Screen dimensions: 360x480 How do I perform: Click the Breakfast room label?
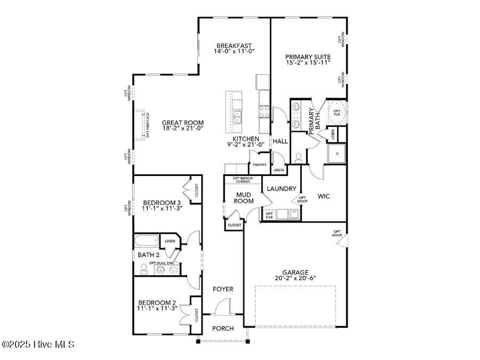tap(234, 45)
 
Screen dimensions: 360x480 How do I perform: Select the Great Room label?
tap(183, 122)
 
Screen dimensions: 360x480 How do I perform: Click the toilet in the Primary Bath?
tap(299, 157)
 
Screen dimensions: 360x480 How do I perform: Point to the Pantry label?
tap(260, 165)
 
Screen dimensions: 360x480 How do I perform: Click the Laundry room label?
tap(281, 188)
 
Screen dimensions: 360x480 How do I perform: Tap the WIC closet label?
tap(324, 196)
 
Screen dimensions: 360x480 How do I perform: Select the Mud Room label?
tap(244, 198)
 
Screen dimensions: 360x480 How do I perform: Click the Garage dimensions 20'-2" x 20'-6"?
tap(295, 278)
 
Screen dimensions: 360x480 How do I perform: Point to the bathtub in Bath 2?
tap(147, 241)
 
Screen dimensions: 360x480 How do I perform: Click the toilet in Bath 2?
tap(143, 269)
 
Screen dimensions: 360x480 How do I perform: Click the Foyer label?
tap(223, 289)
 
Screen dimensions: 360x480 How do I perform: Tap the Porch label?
tap(223, 328)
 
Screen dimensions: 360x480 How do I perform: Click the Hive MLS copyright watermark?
tap(38, 345)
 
